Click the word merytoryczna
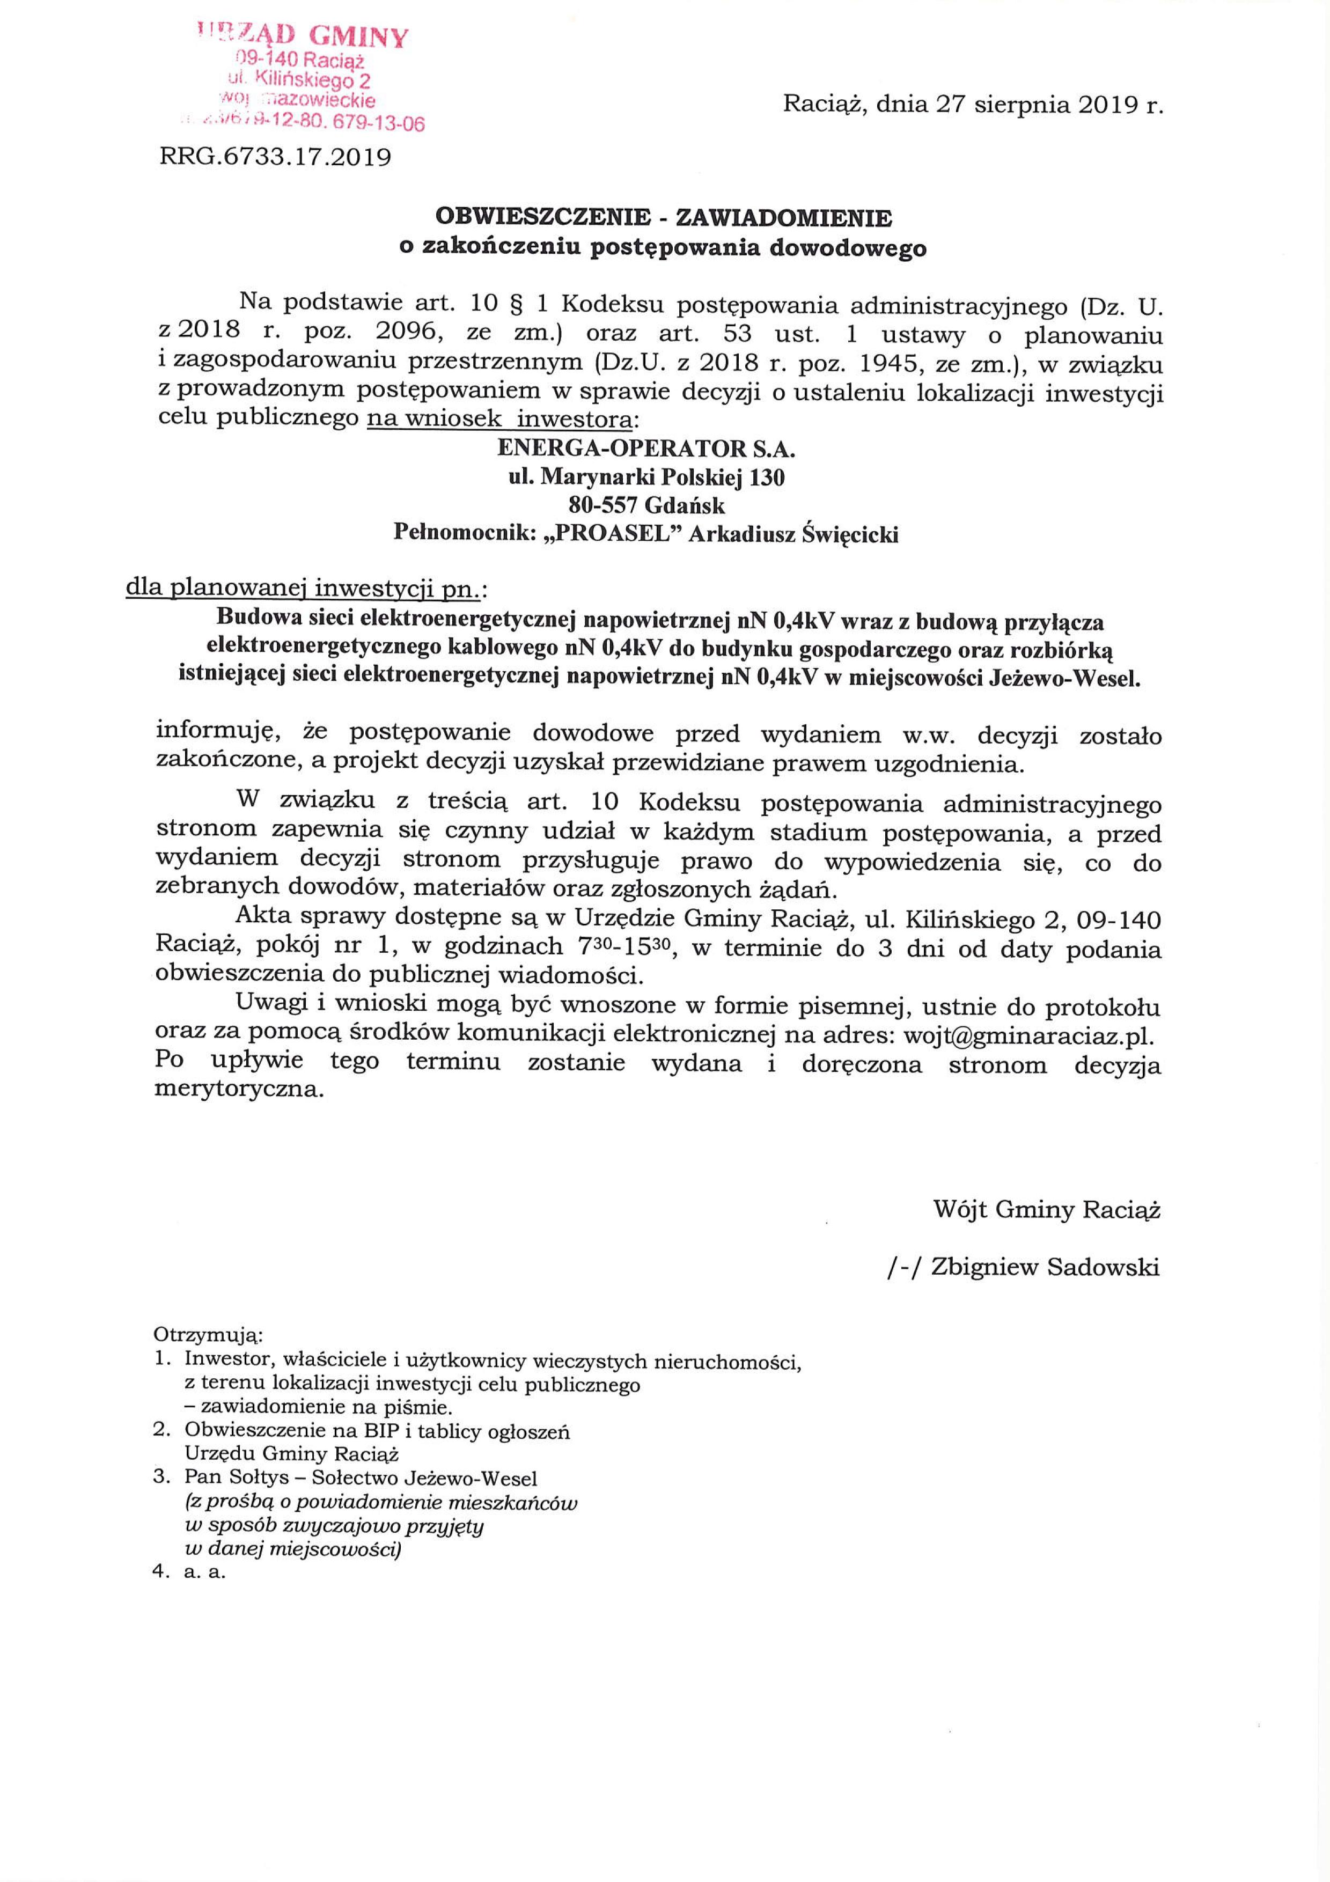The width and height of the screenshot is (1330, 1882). [x=238, y=1091]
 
